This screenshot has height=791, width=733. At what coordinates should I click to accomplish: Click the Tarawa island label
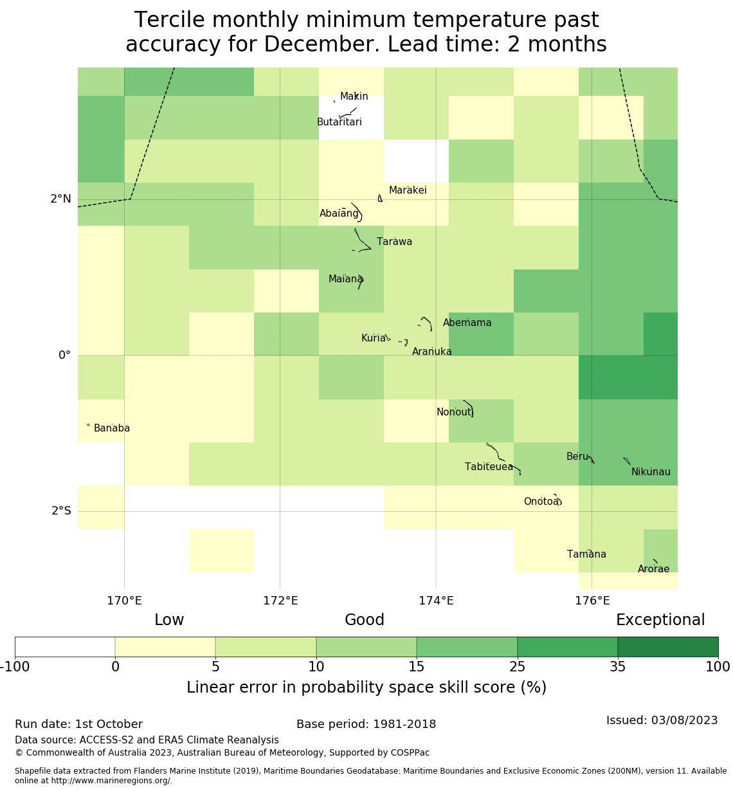[394, 242]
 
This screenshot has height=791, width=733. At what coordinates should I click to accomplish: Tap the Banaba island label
[112, 428]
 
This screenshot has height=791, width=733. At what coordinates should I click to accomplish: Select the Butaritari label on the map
[339, 122]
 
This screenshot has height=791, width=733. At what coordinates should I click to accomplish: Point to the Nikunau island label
[651, 472]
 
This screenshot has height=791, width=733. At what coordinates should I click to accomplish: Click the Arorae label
[653, 569]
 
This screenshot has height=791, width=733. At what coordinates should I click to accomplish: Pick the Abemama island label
[467, 323]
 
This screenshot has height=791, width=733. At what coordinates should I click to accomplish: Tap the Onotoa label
[541, 502]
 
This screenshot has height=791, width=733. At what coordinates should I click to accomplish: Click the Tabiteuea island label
[489, 467]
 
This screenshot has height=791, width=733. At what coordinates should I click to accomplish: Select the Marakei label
[408, 190]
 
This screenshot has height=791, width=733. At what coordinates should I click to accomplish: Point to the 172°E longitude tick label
[280, 601]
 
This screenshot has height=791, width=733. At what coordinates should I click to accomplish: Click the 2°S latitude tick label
[61, 511]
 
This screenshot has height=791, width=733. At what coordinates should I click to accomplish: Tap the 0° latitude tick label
[64, 356]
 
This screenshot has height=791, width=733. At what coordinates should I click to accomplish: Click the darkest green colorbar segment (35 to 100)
[667, 647]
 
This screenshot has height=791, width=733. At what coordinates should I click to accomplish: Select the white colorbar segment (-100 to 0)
[65, 647]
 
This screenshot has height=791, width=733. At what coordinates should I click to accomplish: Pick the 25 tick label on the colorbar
[518, 667]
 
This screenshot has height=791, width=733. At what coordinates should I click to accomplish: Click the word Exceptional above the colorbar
[660, 620]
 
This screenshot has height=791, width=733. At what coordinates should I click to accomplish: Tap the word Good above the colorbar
[365, 620]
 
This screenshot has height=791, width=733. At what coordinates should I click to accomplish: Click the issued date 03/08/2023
[685, 720]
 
